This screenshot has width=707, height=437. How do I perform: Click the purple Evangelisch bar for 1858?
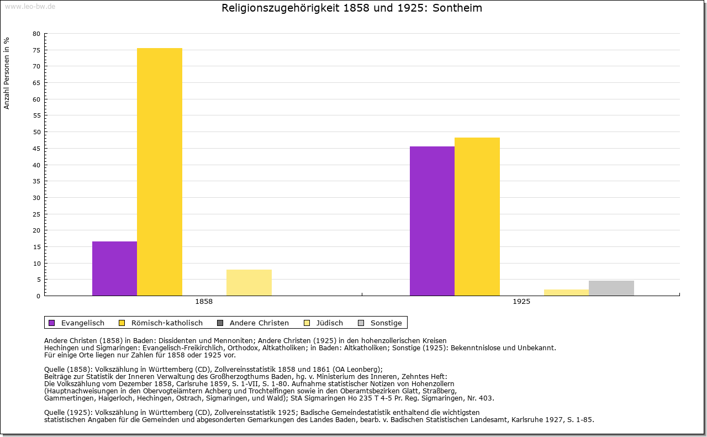pyautogui.click(x=114, y=268)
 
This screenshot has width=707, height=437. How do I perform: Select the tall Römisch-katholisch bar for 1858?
pyautogui.click(x=160, y=172)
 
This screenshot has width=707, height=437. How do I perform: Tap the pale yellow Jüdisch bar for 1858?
pyautogui.click(x=249, y=282)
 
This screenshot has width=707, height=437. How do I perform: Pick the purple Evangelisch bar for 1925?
pyautogui.click(x=432, y=221)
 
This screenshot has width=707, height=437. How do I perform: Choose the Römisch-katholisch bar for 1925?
pyautogui.click(x=477, y=217)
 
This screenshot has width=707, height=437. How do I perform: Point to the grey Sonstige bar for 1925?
pyautogui.click(x=611, y=288)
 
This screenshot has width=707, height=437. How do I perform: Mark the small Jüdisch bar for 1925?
pyautogui.click(x=567, y=293)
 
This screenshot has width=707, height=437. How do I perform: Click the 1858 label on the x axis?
pyautogui.click(x=204, y=302)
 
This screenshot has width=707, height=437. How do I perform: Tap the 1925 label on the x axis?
pyautogui.click(x=521, y=302)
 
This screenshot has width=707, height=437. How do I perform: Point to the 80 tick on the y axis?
pyautogui.click(x=36, y=34)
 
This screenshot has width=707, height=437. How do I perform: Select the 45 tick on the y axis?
pyautogui.click(x=36, y=149)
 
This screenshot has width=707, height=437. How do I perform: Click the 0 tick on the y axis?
pyautogui.click(x=38, y=296)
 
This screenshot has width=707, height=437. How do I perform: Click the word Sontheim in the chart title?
pyautogui.click(x=458, y=8)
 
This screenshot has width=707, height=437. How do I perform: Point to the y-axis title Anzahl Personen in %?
pyautogui.click(x=7, y=73)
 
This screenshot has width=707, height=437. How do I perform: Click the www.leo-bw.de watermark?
pyautogui.click(x=29, y=6)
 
